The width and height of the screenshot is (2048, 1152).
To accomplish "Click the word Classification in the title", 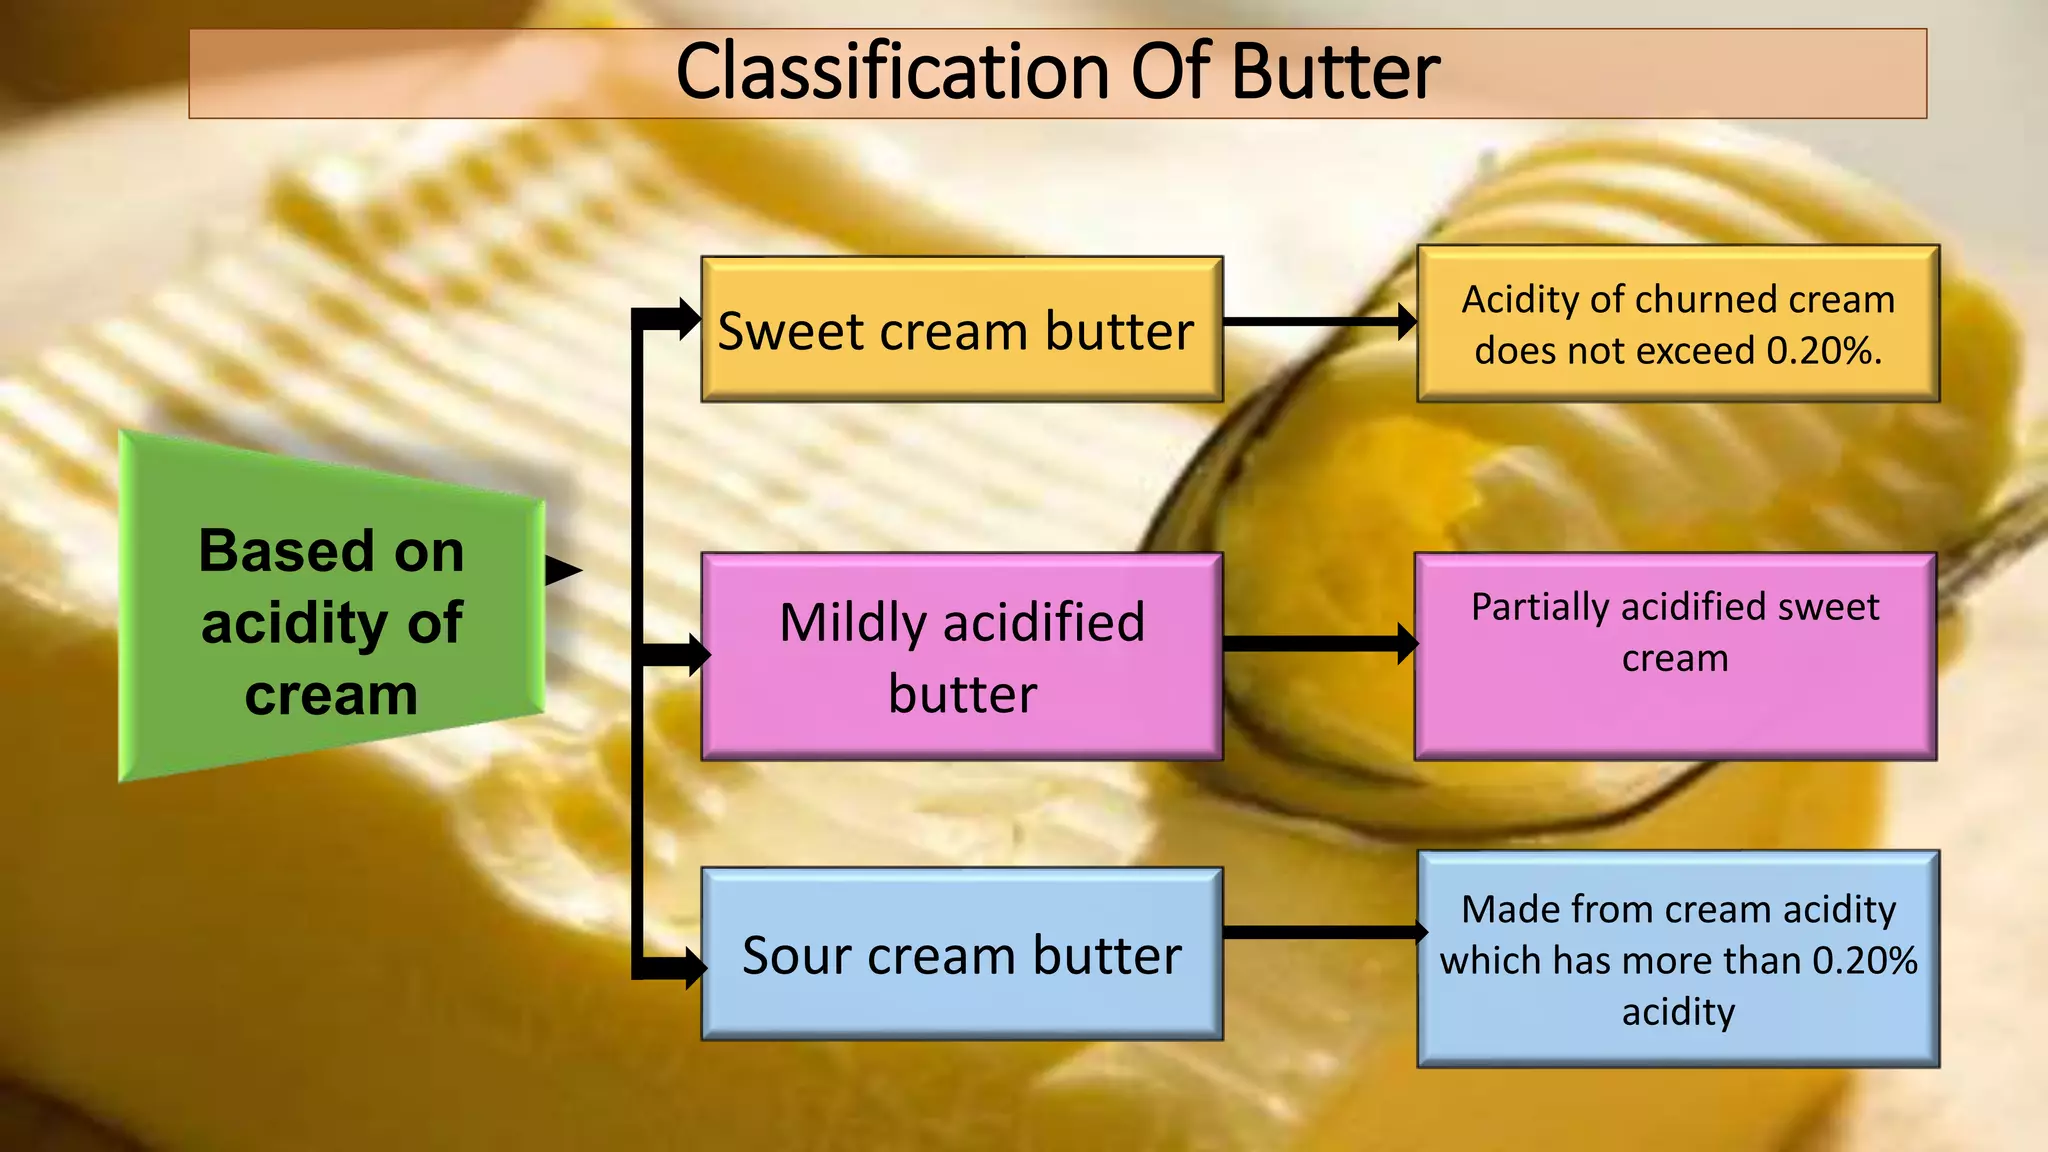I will [892, 72].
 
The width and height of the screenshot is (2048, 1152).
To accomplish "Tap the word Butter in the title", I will [1335, 72].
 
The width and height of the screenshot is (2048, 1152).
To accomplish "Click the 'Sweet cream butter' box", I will [961, 330].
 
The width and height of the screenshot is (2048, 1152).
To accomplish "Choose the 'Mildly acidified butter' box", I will [961, 657].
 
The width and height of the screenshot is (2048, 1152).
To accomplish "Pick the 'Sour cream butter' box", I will [961, 955].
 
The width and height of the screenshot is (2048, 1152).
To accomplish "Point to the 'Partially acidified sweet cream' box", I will [1675, 657].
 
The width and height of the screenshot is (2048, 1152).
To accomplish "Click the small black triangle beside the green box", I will [562, 571].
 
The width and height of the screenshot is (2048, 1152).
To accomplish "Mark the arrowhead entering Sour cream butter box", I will [695, 967].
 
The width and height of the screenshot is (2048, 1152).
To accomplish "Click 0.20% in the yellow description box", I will [1823, 351].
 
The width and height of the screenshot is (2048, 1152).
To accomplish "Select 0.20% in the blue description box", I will [1865, 961].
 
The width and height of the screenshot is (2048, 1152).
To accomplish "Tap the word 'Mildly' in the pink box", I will [852, 624].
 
